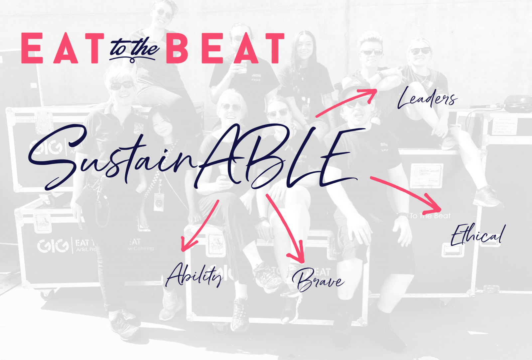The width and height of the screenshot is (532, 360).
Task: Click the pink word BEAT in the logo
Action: (225, 48)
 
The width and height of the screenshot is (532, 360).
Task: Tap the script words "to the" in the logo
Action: (134, 49)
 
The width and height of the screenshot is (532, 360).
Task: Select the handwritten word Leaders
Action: (427, 98)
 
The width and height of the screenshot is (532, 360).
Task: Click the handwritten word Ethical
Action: (478, 235)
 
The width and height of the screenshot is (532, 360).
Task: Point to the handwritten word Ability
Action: (194, 275)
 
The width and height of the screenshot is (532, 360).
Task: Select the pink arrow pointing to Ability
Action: (200, 225)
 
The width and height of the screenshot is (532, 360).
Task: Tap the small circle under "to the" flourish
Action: (132, 61)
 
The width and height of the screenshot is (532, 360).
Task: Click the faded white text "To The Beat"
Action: (430, 216)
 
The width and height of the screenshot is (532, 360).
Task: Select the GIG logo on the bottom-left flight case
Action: (53, 246)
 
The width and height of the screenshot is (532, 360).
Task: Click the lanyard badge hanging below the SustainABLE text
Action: (159, 202)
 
